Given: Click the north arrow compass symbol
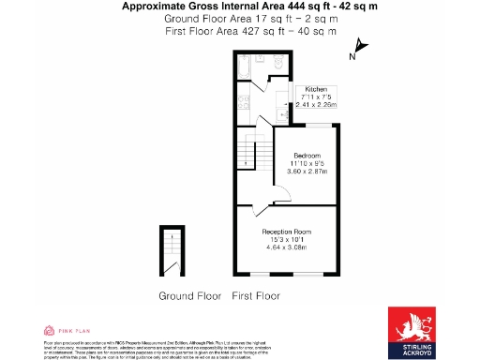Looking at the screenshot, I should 359,50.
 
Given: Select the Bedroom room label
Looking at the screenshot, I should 307,155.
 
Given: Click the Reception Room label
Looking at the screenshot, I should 287,231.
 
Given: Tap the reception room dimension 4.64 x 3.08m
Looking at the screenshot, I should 287,247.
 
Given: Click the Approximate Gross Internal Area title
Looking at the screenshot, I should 239,7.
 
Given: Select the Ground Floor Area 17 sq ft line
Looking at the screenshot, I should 239,18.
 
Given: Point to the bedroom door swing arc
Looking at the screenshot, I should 280,197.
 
